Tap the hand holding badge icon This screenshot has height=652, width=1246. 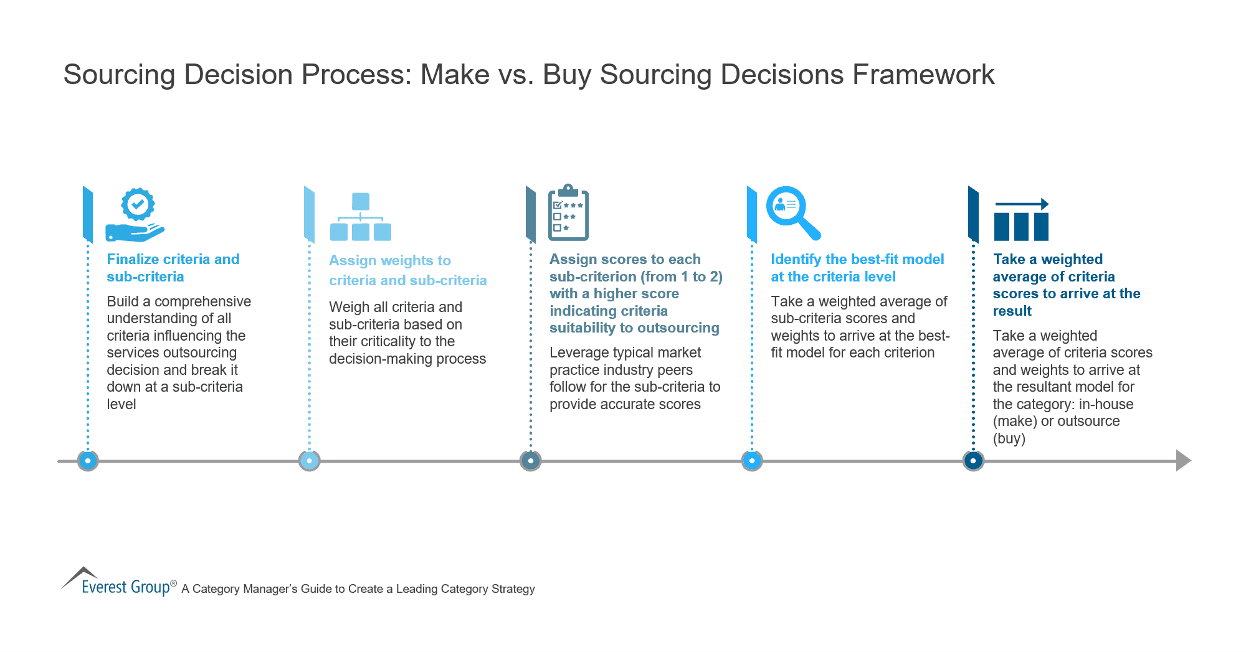click(x=135, y=215)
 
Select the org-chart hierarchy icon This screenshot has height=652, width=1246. click(x=360, y=217)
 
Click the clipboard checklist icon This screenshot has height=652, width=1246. click(x=568, y=213)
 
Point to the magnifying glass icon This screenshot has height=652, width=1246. click(x=792, y=212)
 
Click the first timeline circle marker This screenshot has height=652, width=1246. click(x=88, y=461)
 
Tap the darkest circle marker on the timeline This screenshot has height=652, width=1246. click(x=973, y=461)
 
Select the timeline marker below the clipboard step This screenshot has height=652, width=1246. click(x=530, y=461)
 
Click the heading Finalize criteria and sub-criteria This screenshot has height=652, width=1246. click(x=173, y=268)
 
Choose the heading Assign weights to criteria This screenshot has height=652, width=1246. click(x=407, y=270)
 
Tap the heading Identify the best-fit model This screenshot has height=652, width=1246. click(x=857, y=268)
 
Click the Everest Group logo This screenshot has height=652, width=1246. click(x=118, y=583)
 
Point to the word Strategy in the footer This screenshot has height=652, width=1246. click(x=513, y=589)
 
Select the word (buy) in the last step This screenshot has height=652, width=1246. click(x=1009, y=438)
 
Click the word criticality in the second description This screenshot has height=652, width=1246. click(x=392, y=341)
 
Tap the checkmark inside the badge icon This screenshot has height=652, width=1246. click(x=138, y=203)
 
